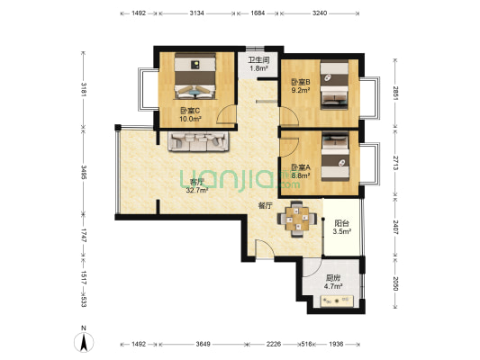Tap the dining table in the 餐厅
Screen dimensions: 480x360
(x=297, y=219)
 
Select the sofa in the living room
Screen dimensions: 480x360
(x=198, y=141)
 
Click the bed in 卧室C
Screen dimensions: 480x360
(x=195, y=76)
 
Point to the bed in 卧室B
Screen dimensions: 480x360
(x=335, y=84)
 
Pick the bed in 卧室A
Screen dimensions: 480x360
(x=335, y=156)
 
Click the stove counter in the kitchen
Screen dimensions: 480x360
(x=337, y=301)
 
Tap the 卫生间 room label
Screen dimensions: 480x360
(x=258, y=60)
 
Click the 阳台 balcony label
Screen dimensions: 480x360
(x=342, y=223)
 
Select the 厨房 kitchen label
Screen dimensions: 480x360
(x=333, y=278)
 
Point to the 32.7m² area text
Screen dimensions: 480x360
(x=197, y=190)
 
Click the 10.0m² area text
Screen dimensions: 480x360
(x=190, y=119)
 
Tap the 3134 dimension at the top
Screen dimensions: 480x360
(x=196, y=13)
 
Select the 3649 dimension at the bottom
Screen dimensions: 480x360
(x=203, y=344)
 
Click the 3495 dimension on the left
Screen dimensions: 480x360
(x=84, y=172)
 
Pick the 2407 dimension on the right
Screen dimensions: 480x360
(x=395, y=228)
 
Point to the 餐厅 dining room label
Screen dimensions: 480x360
(x=265, y=206)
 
